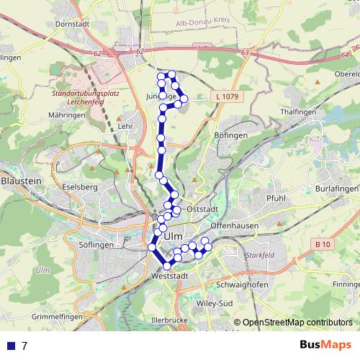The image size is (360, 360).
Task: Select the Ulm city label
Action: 175,236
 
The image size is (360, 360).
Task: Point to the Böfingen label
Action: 231,135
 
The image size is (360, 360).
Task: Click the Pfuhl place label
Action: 276,198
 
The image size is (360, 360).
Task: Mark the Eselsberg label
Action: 80,187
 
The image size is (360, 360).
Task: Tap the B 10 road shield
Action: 324,246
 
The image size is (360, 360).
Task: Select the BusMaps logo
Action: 325,345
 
